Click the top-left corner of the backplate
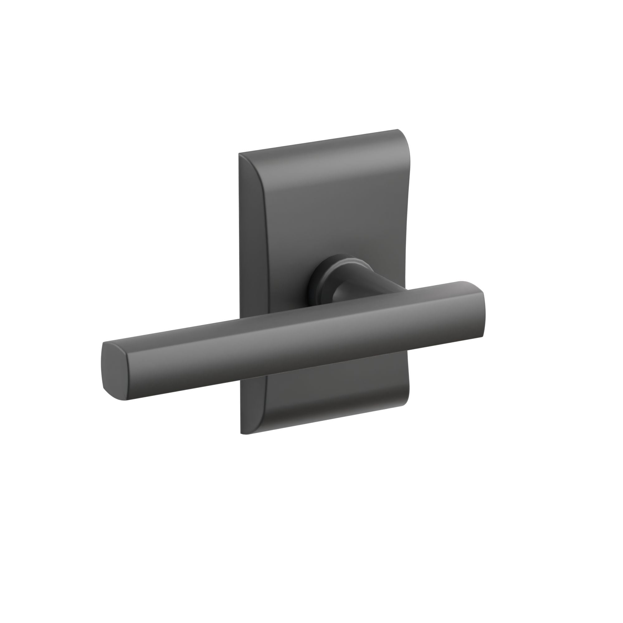tap(239, 154)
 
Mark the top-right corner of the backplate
tap(397, 130)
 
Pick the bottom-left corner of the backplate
tap(241, 433)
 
